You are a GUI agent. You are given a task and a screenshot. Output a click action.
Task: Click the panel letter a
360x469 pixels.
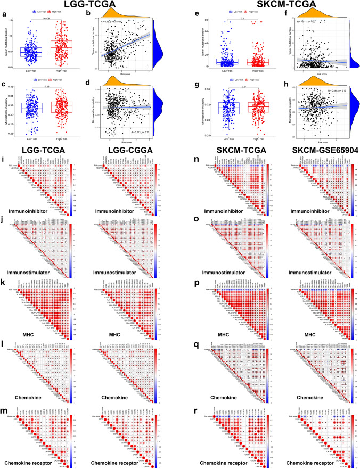coord(4,11)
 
